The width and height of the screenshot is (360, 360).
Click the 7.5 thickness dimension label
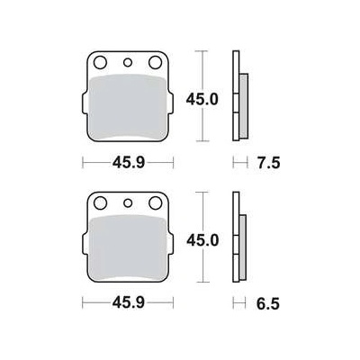pos(268,163)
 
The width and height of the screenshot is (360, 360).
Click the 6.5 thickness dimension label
pos(268,303)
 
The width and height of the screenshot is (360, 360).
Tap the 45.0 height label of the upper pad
pos(202,99)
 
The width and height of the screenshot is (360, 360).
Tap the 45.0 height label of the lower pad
pos(202,240)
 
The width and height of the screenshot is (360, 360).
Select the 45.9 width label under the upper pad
pos(129,163)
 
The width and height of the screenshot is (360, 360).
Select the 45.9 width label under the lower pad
pos(129,303)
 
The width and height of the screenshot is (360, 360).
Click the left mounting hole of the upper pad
pos(100,63)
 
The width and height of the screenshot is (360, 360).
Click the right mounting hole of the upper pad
pos(156,62)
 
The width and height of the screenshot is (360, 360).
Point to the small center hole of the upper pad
pos(128,62)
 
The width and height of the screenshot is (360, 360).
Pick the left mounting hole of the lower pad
pos(100,203)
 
